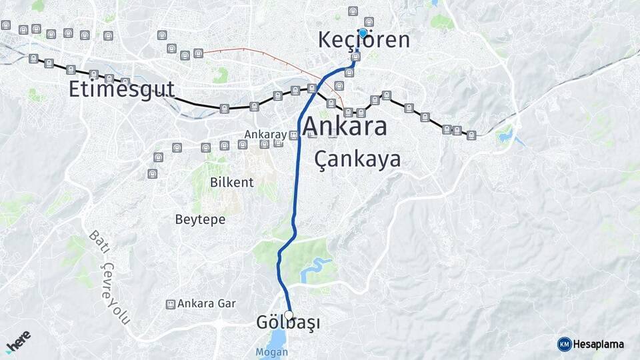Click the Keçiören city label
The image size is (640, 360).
tap(363, 40)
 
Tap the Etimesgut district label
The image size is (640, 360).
tap(121, 89)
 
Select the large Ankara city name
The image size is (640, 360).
tap(345, 126)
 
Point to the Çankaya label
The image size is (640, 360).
tap(357, 159)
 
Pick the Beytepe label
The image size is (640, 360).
tap(200, 219)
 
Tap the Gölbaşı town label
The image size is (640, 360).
tap(287, 323)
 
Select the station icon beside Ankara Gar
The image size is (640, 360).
tap(171, 304)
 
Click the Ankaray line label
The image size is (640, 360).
tap(265, 135)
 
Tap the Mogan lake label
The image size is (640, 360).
tap(271, 351)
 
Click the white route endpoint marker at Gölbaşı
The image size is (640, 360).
tap(289, 315)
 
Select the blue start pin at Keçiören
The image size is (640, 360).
tap(363, 33)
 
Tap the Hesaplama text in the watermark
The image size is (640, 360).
tap(599, 344)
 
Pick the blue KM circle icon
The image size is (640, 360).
tap(565, 344)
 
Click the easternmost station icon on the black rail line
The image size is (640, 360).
tap(472, 135)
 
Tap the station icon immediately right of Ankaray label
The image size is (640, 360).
tap(294, 135)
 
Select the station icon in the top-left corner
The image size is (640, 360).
tap(6, 25)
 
